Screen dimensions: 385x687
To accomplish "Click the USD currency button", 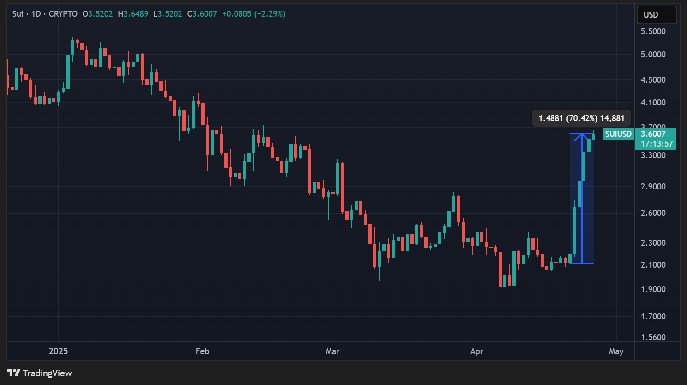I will (x=656, y=15).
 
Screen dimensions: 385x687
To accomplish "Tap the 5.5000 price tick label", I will (x=653, y=31).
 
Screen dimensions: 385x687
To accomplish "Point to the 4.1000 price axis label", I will (x=653, y=103).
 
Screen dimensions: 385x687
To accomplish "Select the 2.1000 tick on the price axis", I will (x=653, y=265).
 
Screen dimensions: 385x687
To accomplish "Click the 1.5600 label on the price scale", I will (x=653, y=337).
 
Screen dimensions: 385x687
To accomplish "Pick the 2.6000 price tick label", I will (x=653, y=213).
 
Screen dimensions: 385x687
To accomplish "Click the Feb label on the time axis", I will (x=202, y=351).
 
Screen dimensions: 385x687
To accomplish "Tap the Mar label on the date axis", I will (x=332, y=351).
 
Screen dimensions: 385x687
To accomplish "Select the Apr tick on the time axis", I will (x=476, y=351).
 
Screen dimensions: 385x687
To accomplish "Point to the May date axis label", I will (x=616, y=351).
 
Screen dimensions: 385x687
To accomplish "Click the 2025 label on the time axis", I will (x=58, y=351).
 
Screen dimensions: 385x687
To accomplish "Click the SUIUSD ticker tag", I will (x=618, y=134).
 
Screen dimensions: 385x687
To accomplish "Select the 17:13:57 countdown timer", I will (x=656, y=144).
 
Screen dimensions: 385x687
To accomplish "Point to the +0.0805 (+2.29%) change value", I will (x=253, y=14).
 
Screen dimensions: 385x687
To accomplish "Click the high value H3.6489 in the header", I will (x=133, y=14).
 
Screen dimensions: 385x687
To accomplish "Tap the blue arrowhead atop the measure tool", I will (x=582, y=136).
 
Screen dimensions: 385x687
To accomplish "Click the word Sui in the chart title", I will (x=18, y=14).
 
